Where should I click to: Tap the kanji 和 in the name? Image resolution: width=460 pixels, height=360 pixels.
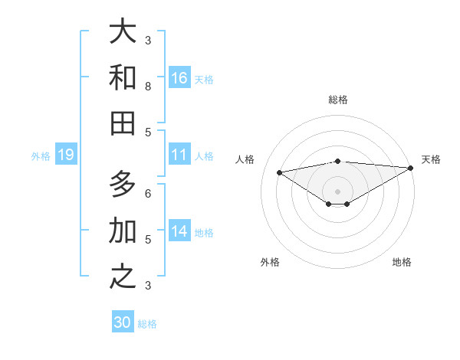tap(123, 77)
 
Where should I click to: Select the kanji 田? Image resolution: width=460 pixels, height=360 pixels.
tap(123, 123)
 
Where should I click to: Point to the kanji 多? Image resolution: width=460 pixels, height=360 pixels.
tap(123, 185)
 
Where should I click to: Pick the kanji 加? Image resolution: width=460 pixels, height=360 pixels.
tap(123, 230)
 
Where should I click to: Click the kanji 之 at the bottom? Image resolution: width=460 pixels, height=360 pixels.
tap(123, 276)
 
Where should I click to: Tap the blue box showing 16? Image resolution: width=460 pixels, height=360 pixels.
tap(179, 78)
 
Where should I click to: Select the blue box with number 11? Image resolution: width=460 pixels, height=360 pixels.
tap(179, 155)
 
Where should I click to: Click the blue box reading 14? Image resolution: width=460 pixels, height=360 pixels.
tap(179, 231)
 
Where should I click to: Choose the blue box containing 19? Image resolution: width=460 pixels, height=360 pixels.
tap(66, 155)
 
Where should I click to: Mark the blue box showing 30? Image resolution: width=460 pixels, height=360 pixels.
tap(123, 322)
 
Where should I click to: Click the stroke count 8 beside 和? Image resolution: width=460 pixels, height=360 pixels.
tap(148, 87)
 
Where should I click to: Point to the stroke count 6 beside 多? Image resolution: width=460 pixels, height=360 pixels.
tap(148, 194)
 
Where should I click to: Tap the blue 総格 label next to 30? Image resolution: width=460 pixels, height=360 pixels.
tap(147, 324)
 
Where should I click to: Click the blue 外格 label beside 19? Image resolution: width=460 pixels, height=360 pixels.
tap(41, 156)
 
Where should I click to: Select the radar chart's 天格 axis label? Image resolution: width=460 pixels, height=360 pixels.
tap(431, 159)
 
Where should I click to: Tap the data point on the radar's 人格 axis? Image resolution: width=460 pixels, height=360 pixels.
tap(279, 172)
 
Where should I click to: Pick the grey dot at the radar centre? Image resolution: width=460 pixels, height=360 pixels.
tap(338, 191)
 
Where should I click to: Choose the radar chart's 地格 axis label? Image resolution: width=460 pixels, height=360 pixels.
tap(402, 262)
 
